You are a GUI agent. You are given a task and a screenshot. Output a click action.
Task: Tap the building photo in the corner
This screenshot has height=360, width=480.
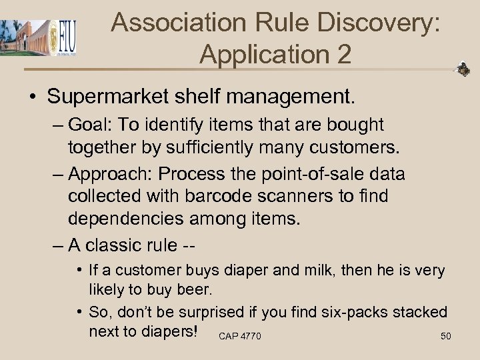point(23,38)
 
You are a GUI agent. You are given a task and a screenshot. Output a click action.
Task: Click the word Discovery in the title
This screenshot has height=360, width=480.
point(377,22)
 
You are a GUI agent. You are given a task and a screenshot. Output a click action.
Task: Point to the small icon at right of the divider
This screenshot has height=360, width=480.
point(463,69)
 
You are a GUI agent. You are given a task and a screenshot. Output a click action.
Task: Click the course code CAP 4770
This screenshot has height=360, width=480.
point(239,336)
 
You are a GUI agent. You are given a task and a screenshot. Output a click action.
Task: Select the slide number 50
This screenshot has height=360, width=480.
point(446,336)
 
